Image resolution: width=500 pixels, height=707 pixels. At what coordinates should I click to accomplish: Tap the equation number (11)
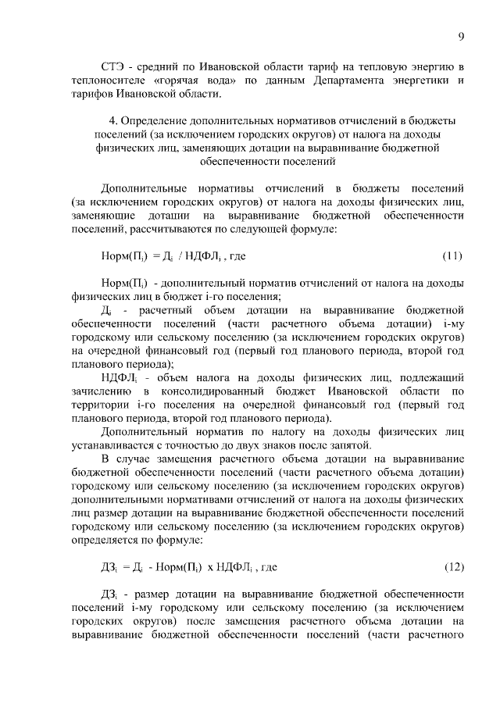tap(453, 255)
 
